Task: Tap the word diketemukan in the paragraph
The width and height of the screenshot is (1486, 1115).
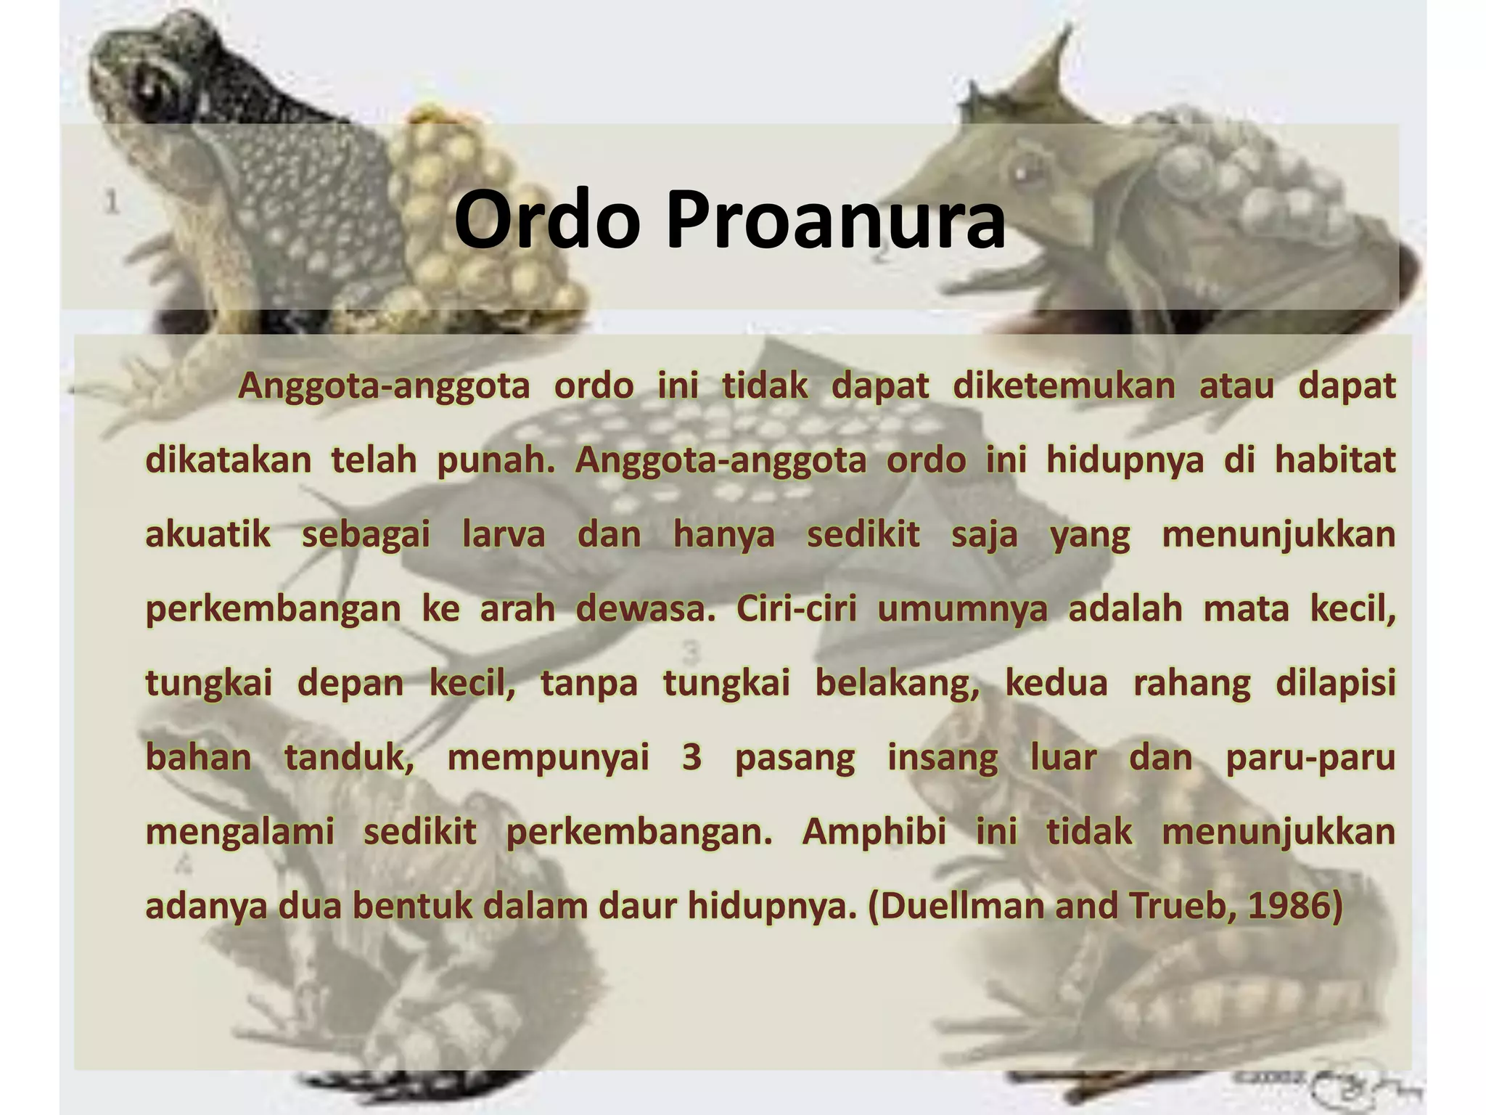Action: (x=1063, y=386)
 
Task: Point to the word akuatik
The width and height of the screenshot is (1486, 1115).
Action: (x=208, y=535)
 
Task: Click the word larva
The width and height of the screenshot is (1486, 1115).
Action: (x=503, y=535)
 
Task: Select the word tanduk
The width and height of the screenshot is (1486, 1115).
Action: (x=348, y=758)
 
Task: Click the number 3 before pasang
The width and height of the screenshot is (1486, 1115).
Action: (x=691, y=758)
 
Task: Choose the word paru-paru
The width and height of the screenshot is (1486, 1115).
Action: (x=1310, y=758)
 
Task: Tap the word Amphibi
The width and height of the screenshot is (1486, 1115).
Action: (x=874, y=832)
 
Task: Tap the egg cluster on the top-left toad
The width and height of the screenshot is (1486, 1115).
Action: (x=472, y=218)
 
